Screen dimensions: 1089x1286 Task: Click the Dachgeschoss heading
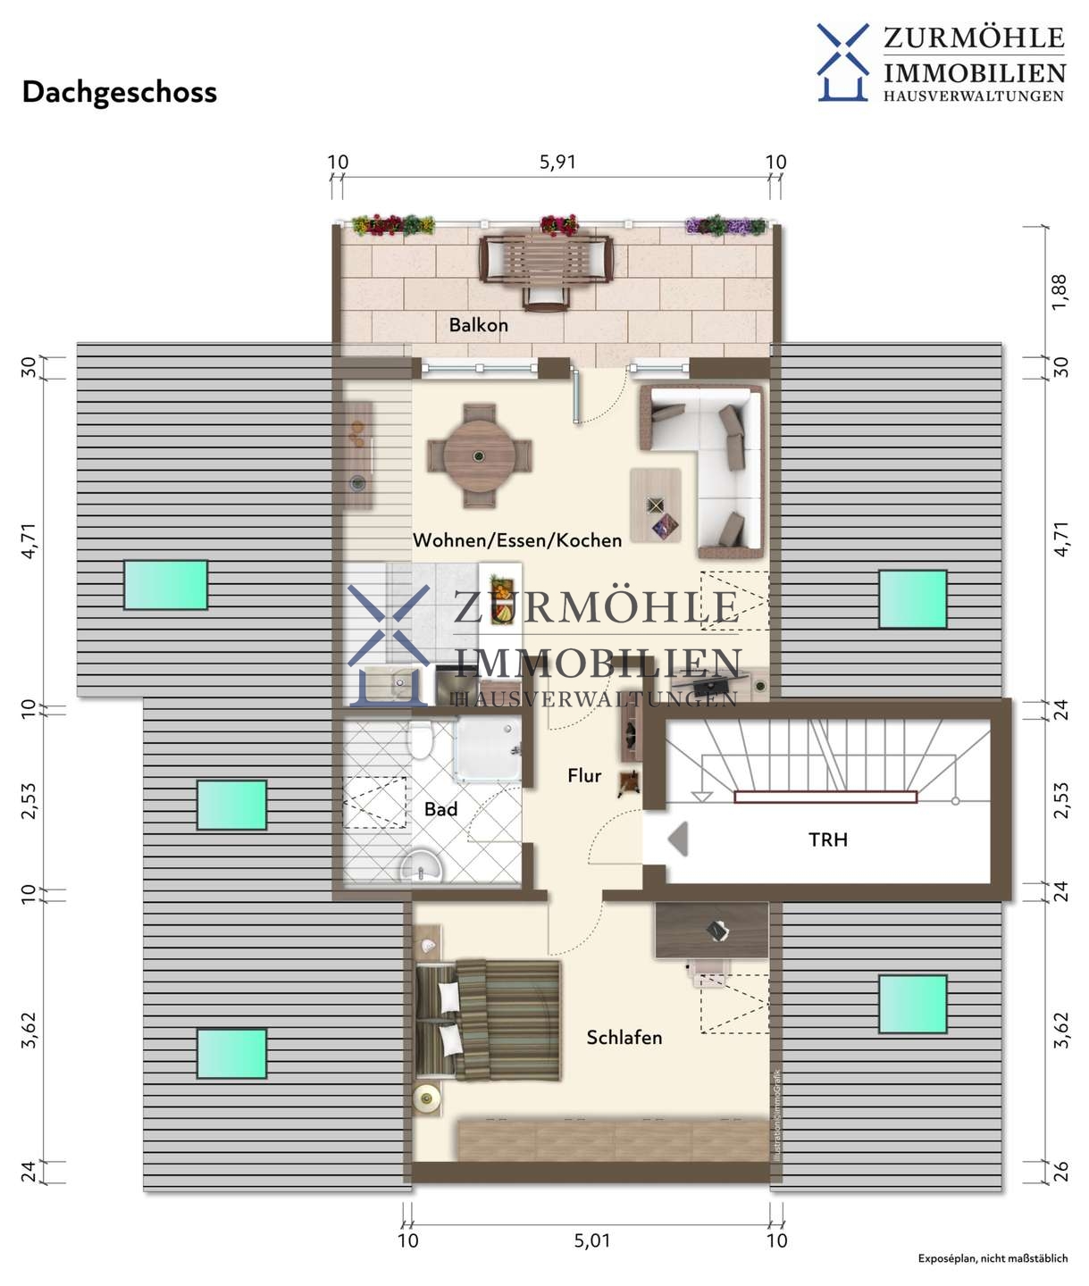point(120,93)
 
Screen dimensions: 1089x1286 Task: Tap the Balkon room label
point(479,325)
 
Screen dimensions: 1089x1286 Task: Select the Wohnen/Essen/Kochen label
point(517,540)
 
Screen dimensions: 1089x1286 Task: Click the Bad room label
point(440,809)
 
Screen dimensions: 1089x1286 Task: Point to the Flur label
point(584,775)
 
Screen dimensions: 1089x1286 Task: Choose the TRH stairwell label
point(827,839)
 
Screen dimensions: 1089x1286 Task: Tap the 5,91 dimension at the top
point(557,163)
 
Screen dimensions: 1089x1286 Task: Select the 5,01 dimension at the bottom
point(591,1240)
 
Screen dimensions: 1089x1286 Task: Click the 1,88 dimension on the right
point(1060,291)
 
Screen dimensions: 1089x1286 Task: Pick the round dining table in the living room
point(479,456)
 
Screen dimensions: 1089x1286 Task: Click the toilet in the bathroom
point(421,739)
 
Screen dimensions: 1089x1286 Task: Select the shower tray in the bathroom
point(488,748)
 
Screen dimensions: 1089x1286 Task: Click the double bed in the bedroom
point(488,1020)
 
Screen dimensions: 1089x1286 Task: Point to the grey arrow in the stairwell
point(678,839)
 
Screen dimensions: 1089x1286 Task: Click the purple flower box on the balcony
point(725,226)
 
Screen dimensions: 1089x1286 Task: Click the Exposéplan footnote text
point(993,1258)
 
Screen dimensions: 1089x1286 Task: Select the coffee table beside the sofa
point(655,505)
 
